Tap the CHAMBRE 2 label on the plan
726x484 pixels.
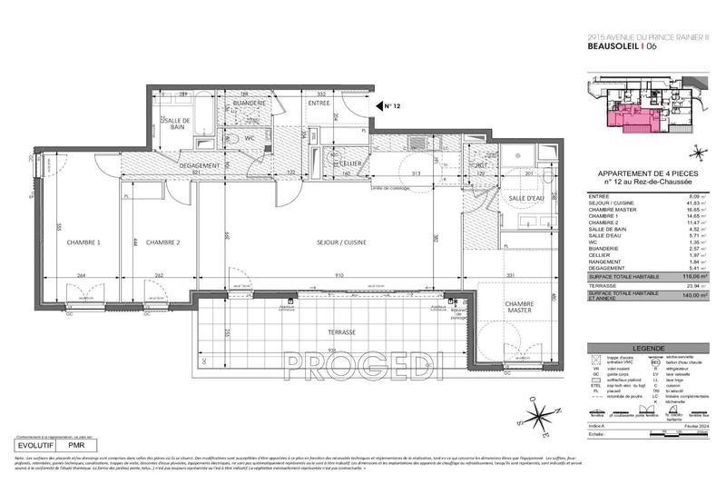(x=164, y=242)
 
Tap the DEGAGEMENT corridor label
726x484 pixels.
(x=200, y=165)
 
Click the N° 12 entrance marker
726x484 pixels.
(x=391, y=106)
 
